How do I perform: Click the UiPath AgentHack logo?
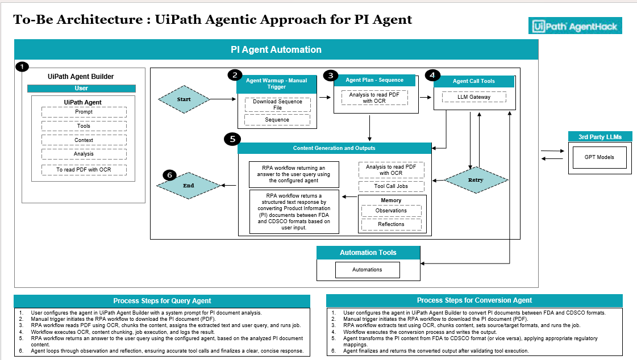tap(574, 26)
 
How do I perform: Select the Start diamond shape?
tap(184, 99)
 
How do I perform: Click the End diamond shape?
tap(189, 185)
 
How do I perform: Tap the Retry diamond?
tap(476, 180)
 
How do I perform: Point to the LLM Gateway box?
tap(474, 97)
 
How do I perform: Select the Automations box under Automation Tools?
tap(367, 270)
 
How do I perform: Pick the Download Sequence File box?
tap(277, 104)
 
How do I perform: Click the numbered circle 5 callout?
tap(232, 139)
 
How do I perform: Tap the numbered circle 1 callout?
tap(21, 67)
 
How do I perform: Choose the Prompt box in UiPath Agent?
tap(84, 112)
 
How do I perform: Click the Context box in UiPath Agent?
tap(84, 140)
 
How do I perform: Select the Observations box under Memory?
tap(391, 211)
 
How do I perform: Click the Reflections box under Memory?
tap(391, 224)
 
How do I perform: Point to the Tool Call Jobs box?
tap(391, 186)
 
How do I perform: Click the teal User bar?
tap(81, 89)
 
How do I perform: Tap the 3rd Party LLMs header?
tap(600, 137)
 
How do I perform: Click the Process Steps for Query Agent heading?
tap(162, 301)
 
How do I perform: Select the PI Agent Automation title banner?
tap(276, 49)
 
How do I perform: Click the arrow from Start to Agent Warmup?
tap(222, 99)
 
